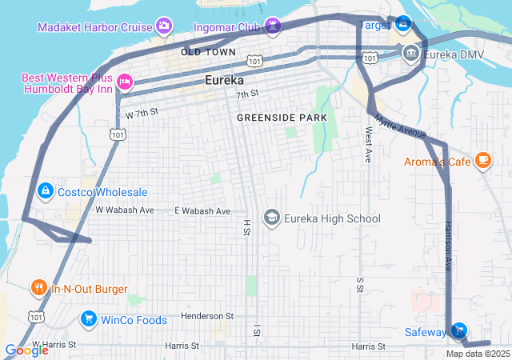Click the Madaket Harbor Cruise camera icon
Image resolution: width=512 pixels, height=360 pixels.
tap(164, 27)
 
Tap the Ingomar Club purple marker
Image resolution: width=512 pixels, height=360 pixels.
tap(273, 27)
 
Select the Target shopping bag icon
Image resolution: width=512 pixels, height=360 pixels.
tap(403, 25)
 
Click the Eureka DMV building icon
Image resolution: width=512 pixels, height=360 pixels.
tap(410, 54)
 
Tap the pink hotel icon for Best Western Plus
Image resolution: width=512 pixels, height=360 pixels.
tap(124, 81)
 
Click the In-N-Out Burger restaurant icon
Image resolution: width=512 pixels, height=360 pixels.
tap(38, 288)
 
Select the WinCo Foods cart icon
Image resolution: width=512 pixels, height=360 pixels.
tap(88, 320)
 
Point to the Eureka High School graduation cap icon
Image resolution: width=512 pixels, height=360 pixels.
tap(272, 218)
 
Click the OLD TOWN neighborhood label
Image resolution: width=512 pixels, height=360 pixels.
tap(208, 52)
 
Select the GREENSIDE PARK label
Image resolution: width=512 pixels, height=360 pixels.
tap(282, 118)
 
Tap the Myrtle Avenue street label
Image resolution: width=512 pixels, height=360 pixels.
tap(400, 128)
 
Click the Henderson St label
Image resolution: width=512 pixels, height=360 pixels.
tap(206, 316)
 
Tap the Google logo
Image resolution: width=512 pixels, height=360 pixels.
tap(26, 350)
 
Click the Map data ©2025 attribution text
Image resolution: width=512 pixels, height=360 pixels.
tap(477, 354)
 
